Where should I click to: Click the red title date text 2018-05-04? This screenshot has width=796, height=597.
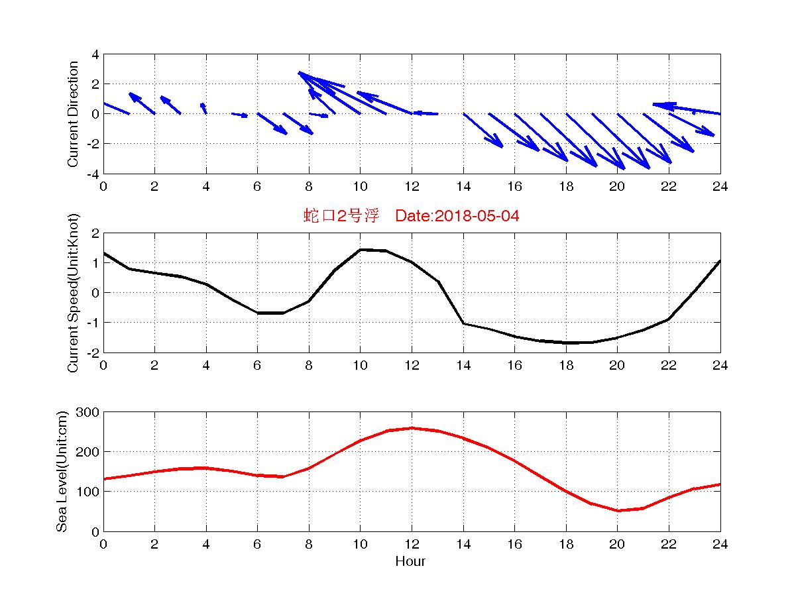coord(475,215)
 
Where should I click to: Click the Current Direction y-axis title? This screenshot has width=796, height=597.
coord(73,114)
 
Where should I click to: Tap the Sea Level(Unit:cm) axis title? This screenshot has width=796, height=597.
coord(62,471)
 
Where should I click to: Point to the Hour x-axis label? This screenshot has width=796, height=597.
coord(410,561)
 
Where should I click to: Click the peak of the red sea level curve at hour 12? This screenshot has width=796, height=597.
coord(412,428)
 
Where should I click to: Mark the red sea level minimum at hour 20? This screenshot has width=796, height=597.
coord(618,510)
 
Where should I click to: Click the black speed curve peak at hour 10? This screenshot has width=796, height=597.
coord(360,250)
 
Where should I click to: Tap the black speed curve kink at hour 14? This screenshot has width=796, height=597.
coord(463,323)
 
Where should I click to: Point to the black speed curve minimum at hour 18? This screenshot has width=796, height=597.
coord(566,343)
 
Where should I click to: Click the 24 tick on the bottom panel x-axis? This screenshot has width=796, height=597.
coord(720,544)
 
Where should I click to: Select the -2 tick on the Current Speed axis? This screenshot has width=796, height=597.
coord(93,353)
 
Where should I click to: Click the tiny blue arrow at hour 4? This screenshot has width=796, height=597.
coord(203,108)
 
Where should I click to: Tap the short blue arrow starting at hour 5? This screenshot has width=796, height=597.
coord(240,115)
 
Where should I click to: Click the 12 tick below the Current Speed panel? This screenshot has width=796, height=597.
coord(412,365)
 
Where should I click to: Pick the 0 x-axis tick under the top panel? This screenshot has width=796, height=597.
coord(103,186)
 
